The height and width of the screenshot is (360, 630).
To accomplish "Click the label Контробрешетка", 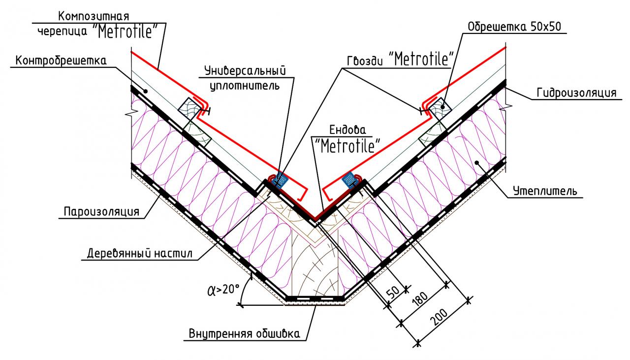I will tap(62, 61).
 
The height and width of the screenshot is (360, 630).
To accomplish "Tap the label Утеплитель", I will tap(544, 191).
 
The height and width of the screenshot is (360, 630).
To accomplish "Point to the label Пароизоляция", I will tap(102, 212).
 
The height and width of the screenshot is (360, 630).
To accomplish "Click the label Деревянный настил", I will tap(140, 254).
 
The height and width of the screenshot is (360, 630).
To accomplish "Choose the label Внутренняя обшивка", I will tap(244, 334).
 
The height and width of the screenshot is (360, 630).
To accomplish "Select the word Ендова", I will tap(348, 131).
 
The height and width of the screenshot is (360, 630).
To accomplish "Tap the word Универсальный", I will tap(245, 70).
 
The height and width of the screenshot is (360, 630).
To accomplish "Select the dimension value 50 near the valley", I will tap(394, 292).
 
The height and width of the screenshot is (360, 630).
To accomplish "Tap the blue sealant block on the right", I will tap(349, 179).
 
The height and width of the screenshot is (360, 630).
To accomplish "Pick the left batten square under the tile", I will tap(188, 107).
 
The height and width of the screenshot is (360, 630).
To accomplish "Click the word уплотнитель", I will tap(245, 86).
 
